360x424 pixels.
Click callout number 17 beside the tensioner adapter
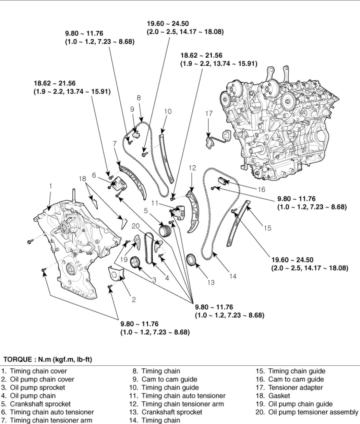click(x=209, y=114)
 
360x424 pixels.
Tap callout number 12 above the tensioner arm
click(x=192, y=168)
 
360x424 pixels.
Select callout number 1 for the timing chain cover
click(x=50, y=186)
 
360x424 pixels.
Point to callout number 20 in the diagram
click(x=135, y=226)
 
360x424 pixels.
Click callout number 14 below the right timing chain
click(x=233, y=276)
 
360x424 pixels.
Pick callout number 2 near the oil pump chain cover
click(x=134, y=300)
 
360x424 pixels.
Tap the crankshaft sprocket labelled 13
click(x=191, y=260)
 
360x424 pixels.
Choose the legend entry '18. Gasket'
click(x=273, y=396)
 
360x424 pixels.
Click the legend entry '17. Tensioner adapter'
click(x=289, y=388)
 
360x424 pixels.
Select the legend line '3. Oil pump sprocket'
click(x=33, y=388)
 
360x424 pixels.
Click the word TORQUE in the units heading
click(x=17, y=360)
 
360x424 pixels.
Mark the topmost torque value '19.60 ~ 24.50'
click(x=168, y=24)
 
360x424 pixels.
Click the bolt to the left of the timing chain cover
click(x=30, y=242)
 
